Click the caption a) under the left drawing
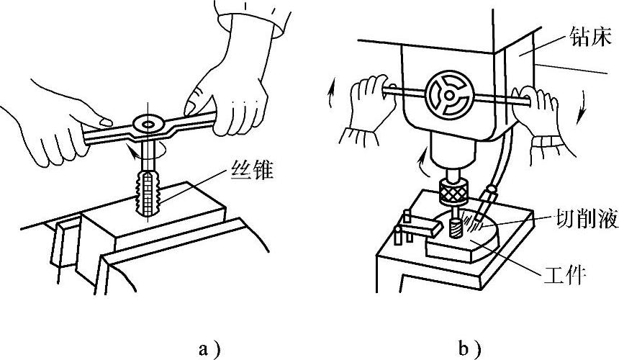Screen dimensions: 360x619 pos(209,350)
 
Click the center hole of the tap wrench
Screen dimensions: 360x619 pos(149,125)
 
